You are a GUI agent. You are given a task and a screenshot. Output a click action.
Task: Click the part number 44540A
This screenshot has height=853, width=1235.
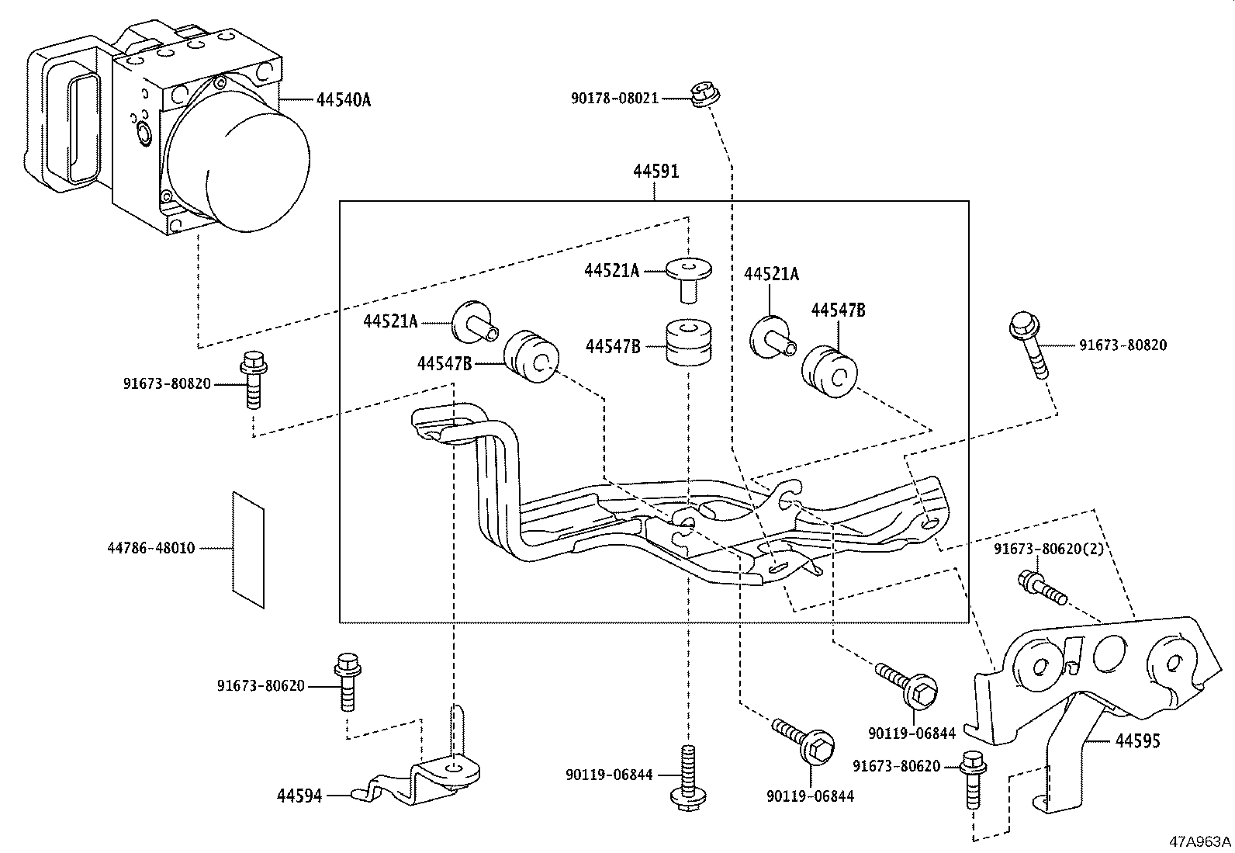tap(344, 100)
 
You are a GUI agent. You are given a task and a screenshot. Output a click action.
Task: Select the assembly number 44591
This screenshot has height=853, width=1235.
tap(655, 172)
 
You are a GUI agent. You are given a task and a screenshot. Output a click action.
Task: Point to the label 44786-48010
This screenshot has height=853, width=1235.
tap(150, 549)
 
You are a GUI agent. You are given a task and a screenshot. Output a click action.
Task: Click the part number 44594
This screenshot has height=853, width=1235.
tap(299, 795)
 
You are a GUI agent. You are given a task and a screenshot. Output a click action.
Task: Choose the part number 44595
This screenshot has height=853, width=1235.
tap(1137, 741)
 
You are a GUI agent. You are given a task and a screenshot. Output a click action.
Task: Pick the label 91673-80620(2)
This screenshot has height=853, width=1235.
tap(1049, 550)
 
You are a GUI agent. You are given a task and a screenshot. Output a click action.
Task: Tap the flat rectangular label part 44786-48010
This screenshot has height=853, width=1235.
tap(248, 549)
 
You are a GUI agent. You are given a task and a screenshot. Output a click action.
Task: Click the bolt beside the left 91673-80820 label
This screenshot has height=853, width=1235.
tap(253, 380)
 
